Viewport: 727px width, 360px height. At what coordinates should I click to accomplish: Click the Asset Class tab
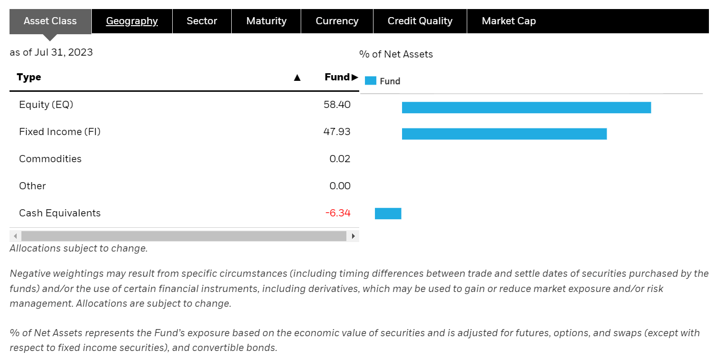point(50,21)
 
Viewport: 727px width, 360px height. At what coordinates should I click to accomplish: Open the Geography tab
point(132,21)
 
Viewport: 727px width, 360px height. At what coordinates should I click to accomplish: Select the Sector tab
point(202,21)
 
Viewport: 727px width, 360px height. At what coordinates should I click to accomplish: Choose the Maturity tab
point(266,21)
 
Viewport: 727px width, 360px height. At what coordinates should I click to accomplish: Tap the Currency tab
point(337,21)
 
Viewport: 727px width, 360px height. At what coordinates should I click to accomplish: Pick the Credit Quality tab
point(420,21)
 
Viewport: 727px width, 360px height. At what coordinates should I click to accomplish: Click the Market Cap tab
point(509,21)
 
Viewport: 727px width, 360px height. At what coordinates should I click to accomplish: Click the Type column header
point(29,77)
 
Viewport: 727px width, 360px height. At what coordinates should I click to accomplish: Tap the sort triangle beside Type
point(297,78)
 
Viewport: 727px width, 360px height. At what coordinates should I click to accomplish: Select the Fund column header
point(337,77)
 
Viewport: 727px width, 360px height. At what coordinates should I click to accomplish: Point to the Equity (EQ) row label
point(46,105)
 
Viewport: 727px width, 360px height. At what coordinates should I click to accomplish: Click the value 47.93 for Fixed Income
point(337,132)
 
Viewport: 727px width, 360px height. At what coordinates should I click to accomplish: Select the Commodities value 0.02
point(340,159)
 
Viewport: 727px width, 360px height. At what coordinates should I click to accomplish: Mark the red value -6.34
point(338,213)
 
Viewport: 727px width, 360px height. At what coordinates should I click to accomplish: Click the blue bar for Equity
point(526,107)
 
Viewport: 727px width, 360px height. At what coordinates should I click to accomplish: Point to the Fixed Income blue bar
point(504,134)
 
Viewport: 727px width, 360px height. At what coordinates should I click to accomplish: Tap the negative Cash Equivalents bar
point(388,214)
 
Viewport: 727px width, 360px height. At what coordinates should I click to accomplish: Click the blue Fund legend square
point(370,81)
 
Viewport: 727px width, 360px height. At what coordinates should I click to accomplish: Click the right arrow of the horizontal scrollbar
point(353,236)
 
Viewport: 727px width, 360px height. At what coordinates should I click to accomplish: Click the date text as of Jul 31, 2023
point(51,52)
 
